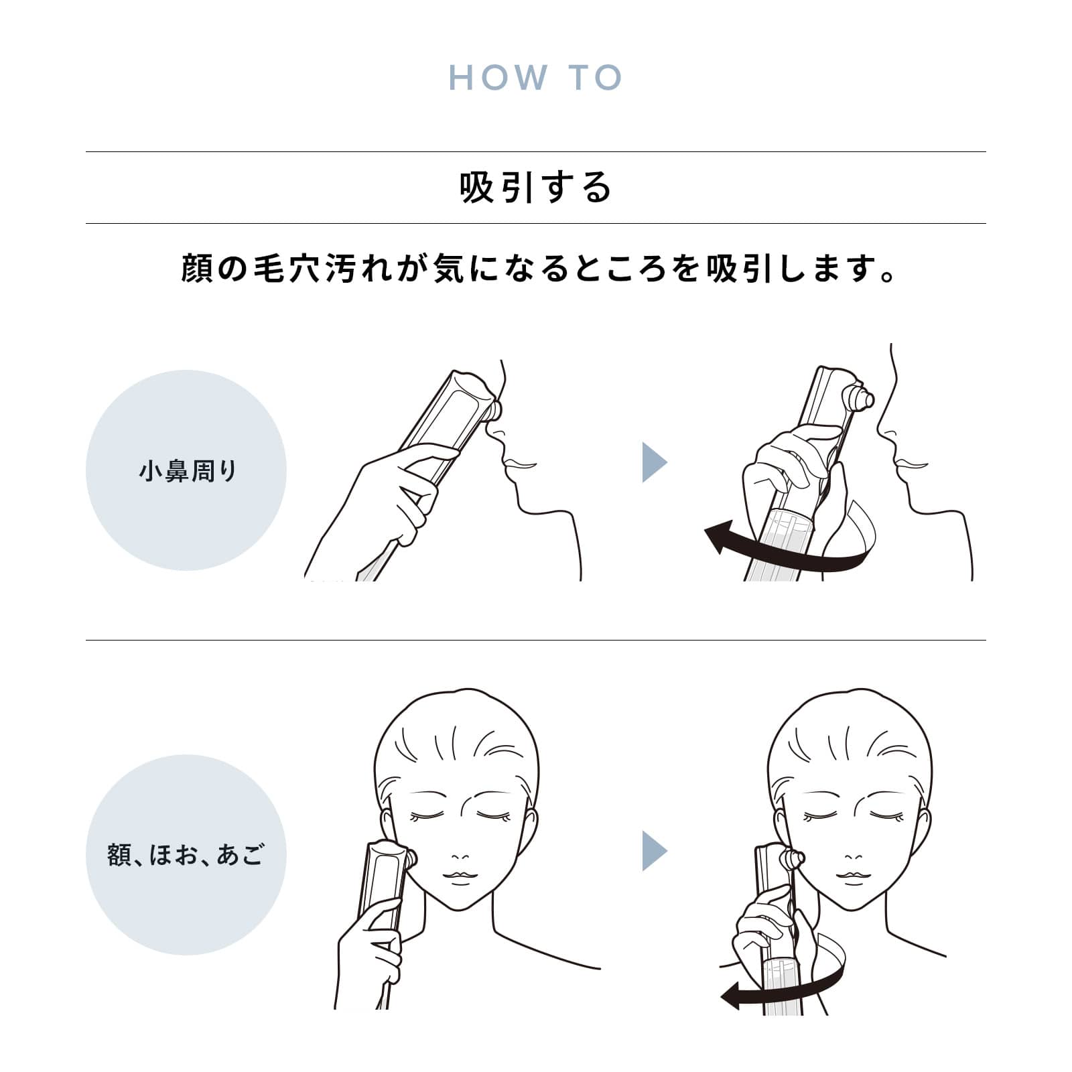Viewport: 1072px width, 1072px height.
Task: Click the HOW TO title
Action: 535,78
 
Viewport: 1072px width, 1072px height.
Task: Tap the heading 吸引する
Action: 536,187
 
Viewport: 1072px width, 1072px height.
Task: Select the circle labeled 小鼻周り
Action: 186,470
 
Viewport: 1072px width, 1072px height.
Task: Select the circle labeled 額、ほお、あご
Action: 186,855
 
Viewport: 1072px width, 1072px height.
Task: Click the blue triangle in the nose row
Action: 655,462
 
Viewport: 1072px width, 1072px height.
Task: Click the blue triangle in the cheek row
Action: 655,851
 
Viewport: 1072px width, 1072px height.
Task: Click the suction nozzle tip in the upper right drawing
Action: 864,400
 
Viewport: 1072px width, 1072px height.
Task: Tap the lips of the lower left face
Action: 459,878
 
